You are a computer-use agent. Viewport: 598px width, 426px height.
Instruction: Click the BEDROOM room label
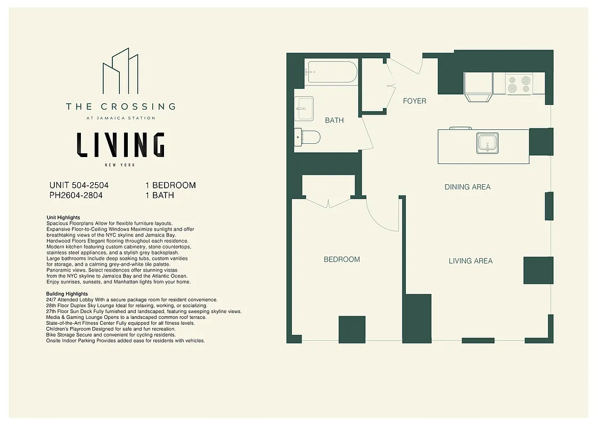click(342, 259)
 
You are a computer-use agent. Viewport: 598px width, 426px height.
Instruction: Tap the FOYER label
click(414, 101)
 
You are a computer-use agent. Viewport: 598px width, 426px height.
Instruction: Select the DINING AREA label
click(468, 187)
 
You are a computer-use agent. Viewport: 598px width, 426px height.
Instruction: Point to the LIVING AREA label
click(470, 261)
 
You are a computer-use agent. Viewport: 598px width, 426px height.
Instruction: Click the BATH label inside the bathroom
click(334, 120)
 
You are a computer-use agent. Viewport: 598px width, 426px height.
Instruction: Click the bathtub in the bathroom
click(332, 72)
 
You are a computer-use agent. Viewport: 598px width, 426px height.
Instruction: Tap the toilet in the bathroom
click(307, 137)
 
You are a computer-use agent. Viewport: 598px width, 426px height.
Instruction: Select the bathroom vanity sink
click(304, 109)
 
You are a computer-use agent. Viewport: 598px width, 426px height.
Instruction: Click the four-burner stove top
click(519, 84)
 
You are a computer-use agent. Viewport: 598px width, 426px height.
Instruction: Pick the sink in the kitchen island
click(487, 143)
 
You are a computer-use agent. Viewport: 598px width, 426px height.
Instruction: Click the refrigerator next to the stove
click(478, 84)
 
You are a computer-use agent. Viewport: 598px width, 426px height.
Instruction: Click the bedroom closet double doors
click(329, 202)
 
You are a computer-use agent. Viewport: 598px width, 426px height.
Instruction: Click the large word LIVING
click(120, 144)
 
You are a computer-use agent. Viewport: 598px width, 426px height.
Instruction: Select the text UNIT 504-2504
click(79, 185)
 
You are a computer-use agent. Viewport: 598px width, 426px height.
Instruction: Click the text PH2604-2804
click(76, 195)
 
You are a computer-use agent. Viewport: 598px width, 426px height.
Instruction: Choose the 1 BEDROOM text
click(170, 185)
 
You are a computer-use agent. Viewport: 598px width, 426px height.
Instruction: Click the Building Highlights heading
click(67, 294)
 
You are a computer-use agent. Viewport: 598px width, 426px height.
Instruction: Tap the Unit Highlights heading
click(63, 218)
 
